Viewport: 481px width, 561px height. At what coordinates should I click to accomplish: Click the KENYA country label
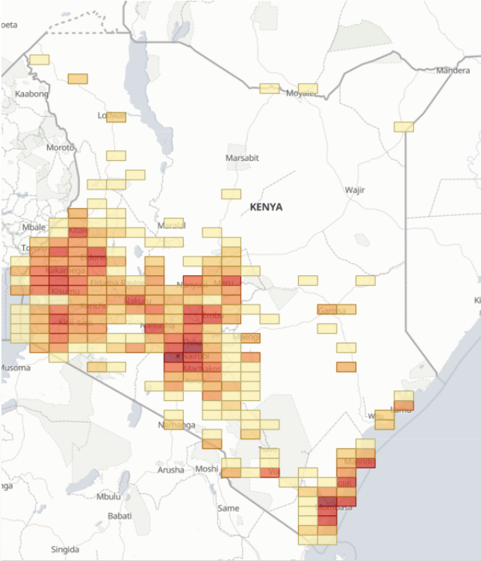point(267,206)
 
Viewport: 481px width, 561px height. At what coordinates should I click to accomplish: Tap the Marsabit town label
point(242,158)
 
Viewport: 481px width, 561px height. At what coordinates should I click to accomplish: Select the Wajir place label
point(355,189)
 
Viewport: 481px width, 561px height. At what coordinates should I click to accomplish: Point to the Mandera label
point(453,70)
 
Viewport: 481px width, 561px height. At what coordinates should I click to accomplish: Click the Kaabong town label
point(31,93)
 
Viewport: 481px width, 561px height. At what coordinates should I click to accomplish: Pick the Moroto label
point(60,147)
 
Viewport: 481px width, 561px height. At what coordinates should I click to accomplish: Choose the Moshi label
point(207,468)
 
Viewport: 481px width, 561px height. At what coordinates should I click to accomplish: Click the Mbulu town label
point(108,497)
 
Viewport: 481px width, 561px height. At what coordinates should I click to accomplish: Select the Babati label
point(119,515)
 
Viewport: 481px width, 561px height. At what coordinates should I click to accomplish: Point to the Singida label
point(65,549)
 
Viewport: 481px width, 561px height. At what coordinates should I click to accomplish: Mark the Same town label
point(228,508)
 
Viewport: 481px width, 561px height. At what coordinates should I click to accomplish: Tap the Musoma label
point(15,367)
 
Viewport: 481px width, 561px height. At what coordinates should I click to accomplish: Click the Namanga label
point(176,425)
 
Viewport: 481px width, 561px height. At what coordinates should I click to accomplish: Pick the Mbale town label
point(34,227)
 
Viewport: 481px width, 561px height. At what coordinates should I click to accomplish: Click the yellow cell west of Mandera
point(403,126)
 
